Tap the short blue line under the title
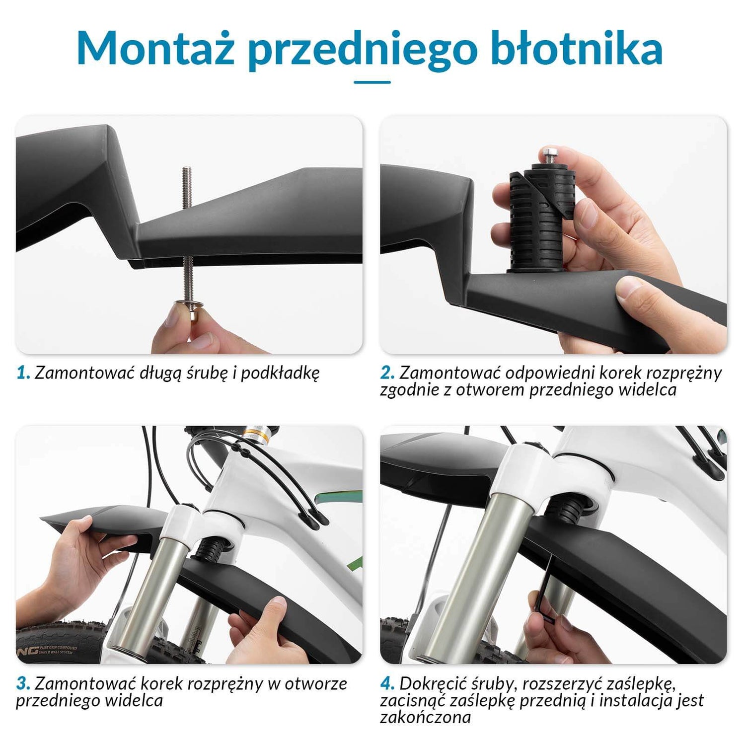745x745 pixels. [x=372, y=82]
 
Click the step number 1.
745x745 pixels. [x=23, y=373]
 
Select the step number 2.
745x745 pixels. [x=387, y=373]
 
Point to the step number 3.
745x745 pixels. [x=23, y=684]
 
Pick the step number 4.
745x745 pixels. [x=387, y=684]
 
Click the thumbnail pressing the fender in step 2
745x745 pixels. [x=628, y=288]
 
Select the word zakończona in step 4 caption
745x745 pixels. [x=425, y=718]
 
